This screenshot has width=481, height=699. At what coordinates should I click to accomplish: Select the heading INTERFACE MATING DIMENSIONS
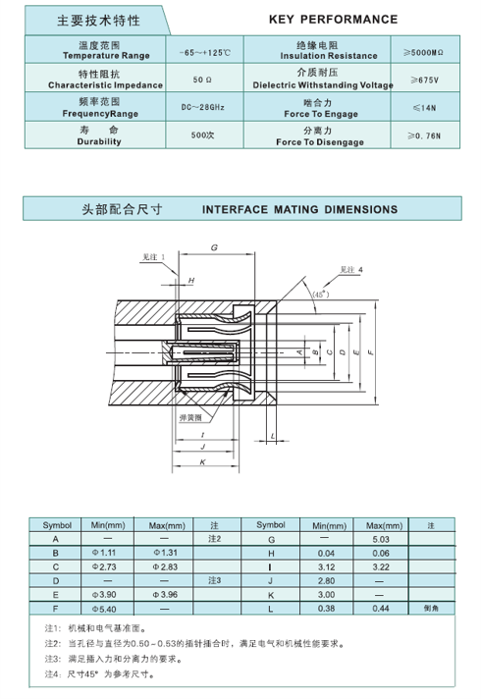point(299,209)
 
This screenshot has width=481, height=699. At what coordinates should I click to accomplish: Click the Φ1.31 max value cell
point(163,553)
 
